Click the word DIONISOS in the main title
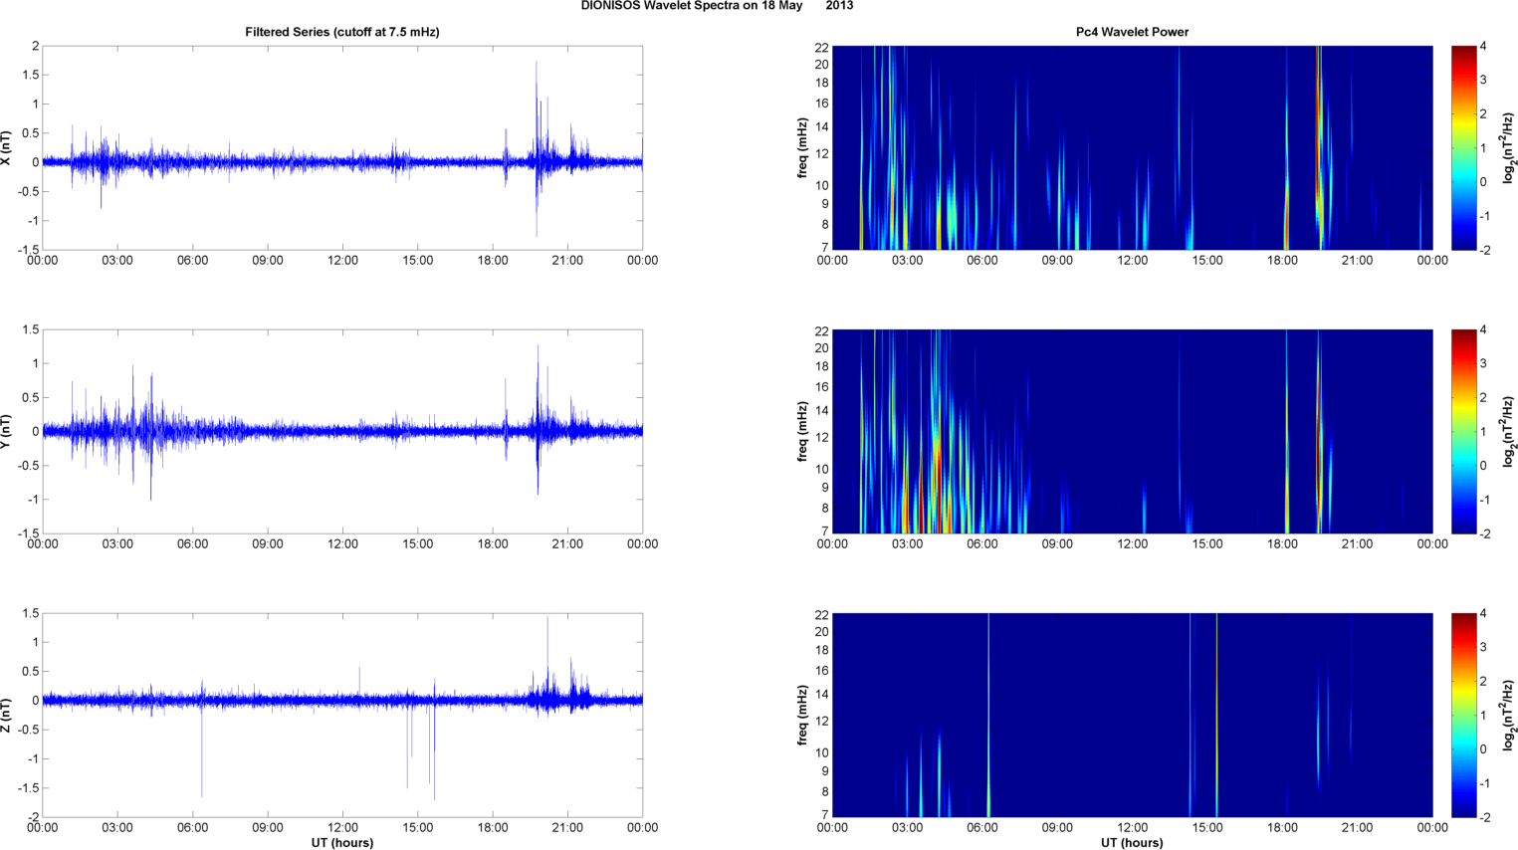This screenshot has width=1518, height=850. coord(610,6)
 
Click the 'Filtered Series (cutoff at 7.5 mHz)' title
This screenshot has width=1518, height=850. coord(341,32)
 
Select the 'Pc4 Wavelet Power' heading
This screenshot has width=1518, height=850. coord(1132,32)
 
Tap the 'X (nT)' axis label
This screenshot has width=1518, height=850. coord(7,147)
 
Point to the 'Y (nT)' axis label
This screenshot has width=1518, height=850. coord(7,431)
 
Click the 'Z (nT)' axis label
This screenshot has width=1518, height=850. coord(7,715)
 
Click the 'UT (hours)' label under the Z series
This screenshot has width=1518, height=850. coord(341,842)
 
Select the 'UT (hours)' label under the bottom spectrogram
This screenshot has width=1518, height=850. coord(1132,842)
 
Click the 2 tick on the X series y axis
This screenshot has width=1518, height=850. coord(35,47)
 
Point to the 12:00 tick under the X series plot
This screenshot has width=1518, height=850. coord(342,261)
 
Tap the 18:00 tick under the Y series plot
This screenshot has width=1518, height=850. coord(493,544)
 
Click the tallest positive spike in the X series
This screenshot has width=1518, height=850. coord(537,63)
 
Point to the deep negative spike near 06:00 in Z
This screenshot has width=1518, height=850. coord(202,794)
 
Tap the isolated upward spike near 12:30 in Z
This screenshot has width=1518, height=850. coord(359,669)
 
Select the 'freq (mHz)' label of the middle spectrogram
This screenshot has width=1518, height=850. coord(802,431)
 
